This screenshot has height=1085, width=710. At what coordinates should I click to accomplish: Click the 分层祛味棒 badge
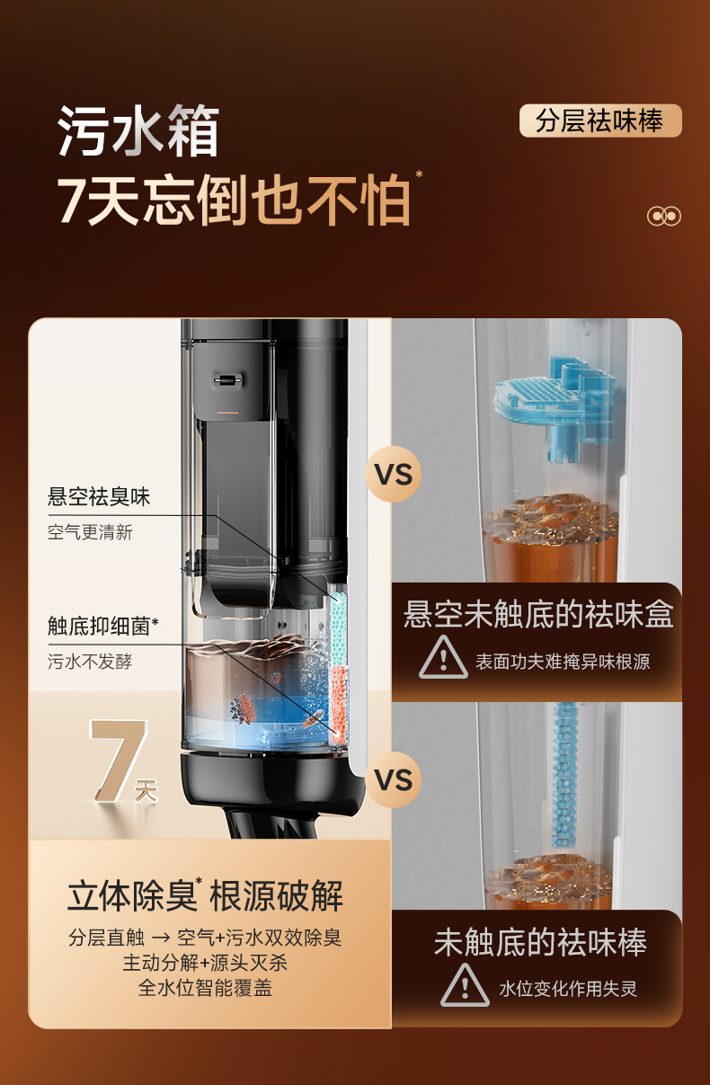click(600, 120)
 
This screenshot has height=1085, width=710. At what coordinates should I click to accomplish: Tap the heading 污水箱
click(138, 130)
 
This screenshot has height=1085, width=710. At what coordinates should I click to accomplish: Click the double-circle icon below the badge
click(664, 216)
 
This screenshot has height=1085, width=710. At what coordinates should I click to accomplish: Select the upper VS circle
click(394, 474)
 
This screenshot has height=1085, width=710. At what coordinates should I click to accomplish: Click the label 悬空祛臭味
click(99, 497)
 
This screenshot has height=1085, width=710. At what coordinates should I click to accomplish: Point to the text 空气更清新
click(90, 532)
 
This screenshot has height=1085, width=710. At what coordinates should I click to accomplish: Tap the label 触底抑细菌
click(102, 627)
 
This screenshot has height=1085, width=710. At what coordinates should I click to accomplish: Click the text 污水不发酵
click(90, 662)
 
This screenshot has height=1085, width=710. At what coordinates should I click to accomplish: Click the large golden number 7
click(118, 760)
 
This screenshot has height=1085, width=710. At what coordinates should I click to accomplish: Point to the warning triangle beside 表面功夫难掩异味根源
click(443, 657)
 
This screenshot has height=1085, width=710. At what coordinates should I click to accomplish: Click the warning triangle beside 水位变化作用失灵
click(465, 985)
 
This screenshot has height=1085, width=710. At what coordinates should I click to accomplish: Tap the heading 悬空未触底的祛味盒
click(538, 614)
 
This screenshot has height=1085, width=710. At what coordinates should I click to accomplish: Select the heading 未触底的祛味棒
click(540, 943)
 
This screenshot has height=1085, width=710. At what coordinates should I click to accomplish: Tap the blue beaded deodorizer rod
click(564, 776)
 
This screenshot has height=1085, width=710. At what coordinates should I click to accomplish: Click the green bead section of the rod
click(338, 627)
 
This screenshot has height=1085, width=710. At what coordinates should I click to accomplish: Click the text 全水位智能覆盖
click(205, 988)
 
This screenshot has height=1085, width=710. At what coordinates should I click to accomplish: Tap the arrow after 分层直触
click(161, 938)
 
